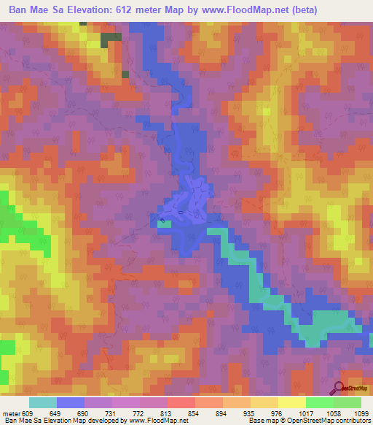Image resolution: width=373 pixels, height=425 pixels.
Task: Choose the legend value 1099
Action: (x=362, y=413)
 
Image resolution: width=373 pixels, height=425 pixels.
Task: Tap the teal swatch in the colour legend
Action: (x=43, y=402)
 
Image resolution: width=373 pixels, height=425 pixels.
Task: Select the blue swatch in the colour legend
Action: (x=71, y=402)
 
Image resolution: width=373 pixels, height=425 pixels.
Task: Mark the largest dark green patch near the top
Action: (x=111, y=39)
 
